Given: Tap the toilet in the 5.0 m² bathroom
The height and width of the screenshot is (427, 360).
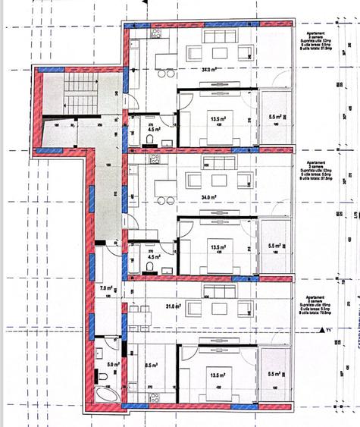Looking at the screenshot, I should pyautogui.click(x=102, y=377).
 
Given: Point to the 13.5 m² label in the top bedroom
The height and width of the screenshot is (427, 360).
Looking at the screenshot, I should pyautogui.click(x=218, y=119).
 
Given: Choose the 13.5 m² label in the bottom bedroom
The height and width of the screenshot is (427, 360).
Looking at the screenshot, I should pyautogui.click(x=218, y=375).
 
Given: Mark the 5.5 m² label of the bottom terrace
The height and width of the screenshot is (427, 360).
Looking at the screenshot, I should pyautogui.click(x=275, y=375).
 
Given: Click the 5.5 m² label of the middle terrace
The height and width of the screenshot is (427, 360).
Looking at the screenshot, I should pyautogui.click(x=275, y=246).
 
